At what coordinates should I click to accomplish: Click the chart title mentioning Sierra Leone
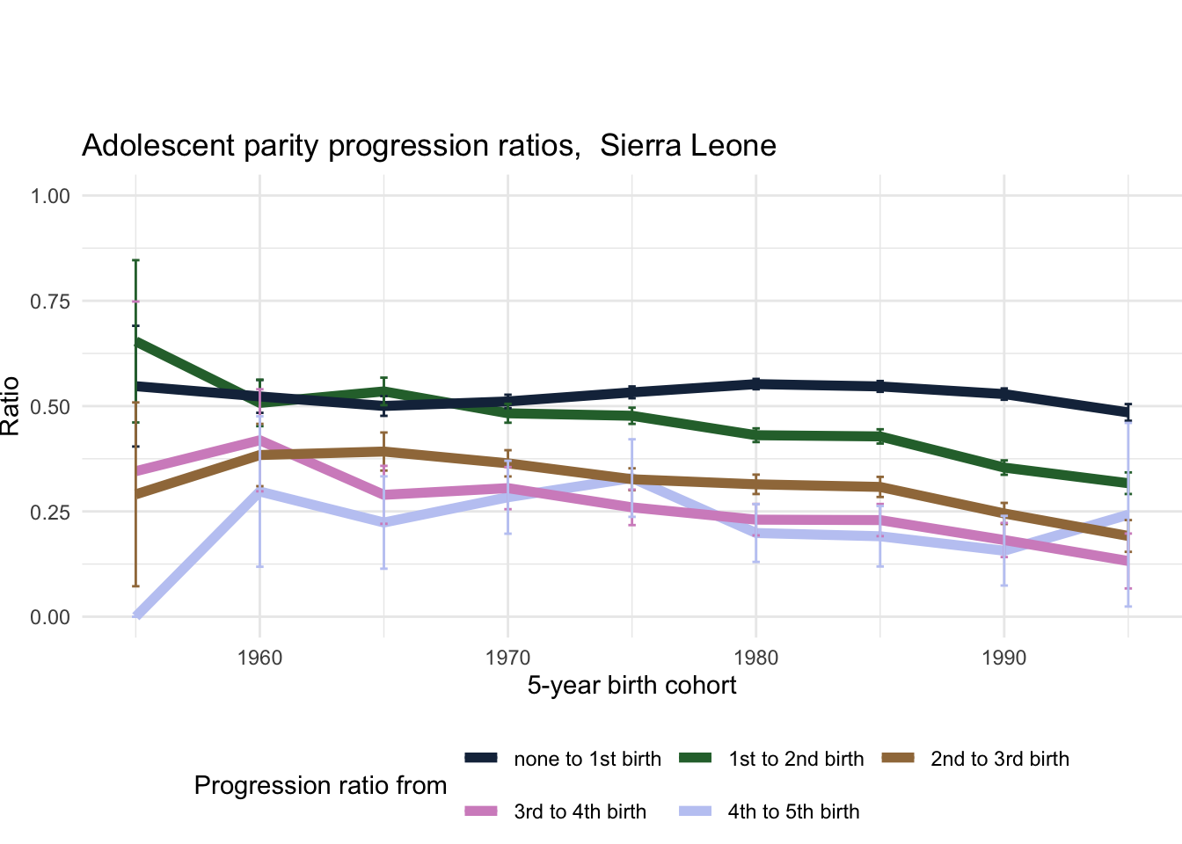pos(428,145)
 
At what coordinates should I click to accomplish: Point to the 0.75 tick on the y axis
pos(50,302)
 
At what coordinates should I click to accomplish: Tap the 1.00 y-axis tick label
pos(50,196)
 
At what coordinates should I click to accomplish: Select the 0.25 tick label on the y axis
pos(50,512)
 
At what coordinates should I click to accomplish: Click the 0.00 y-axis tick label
pos(50,617)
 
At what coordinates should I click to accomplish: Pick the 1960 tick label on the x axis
pos(259,658)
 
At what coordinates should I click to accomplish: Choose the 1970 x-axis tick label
pos(507,658)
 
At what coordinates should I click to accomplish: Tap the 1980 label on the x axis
pos(755,658)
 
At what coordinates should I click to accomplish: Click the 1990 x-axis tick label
pos(1003,658)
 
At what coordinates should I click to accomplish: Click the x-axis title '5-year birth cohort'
pos(631,686)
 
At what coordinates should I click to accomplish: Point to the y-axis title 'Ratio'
pos(11,406)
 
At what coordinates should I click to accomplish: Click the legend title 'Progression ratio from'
pos(320,785)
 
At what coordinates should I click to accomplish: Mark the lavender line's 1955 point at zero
pos(136,615)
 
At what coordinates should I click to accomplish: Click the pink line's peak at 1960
pos(259,439)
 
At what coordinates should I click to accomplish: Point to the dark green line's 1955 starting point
pos(136,341)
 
